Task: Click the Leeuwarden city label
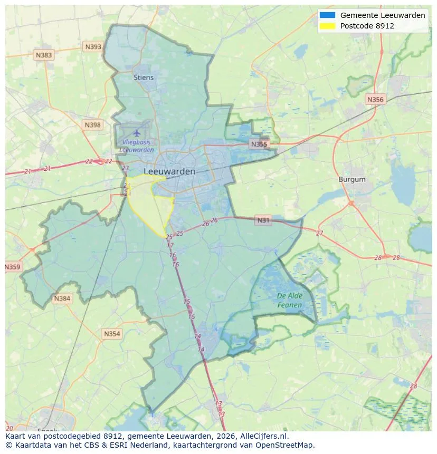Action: (169, 171)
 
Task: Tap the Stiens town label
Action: (144, 78)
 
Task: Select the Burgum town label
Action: (351, 179)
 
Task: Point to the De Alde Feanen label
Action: (290, 301)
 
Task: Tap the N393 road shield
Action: (93, 47)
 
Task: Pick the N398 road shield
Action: (92, 125)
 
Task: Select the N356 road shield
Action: (375, 99)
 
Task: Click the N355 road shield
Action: (259, 144)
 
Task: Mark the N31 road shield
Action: (263, 220)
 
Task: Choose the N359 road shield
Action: (13, 267)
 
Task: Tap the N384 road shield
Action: (62, 299)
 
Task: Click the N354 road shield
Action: (112, 334)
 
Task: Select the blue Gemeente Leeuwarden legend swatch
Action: (327, 15)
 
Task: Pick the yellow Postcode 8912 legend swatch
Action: (327, 26)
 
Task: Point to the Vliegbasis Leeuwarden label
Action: (137, 146)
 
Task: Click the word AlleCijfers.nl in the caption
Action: (263, 437)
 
